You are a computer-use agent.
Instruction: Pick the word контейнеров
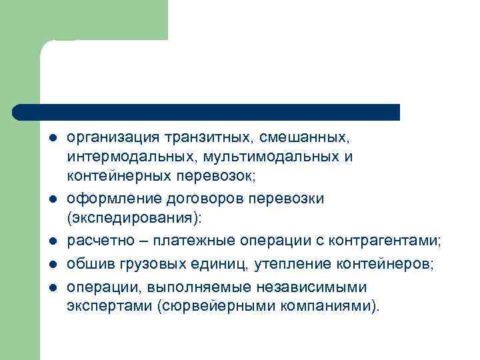click(x=379, y=265)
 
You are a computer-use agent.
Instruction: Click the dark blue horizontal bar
click(x=207, y=111)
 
